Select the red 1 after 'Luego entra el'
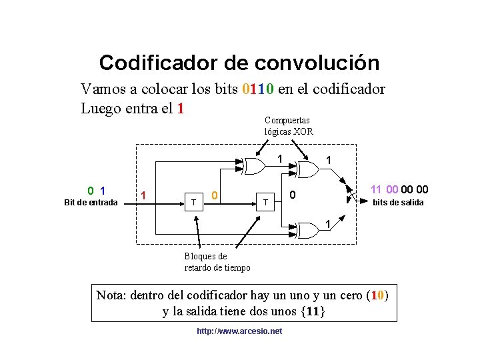[x=179, y=108]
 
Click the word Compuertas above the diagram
[x=288, y=120]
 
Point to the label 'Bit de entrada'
[x=91, y=202]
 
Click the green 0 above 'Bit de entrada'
[x=91, y=190]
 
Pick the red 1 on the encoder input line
[x=143, y=195]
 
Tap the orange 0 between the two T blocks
[x=214, y=195]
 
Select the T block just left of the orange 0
[x=194, y=201]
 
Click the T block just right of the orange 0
[x=265, y=201]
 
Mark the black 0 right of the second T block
[x=292, y=195]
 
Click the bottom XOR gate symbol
[x=308, y=230]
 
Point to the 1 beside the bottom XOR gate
[x=327, y=222]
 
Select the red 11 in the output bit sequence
[x=376, y=189]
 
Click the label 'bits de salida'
[x=397, y=202]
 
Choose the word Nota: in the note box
[x=113, y=295]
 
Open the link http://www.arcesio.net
[x=239, y=331]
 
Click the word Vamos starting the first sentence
[x=101, y=89]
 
